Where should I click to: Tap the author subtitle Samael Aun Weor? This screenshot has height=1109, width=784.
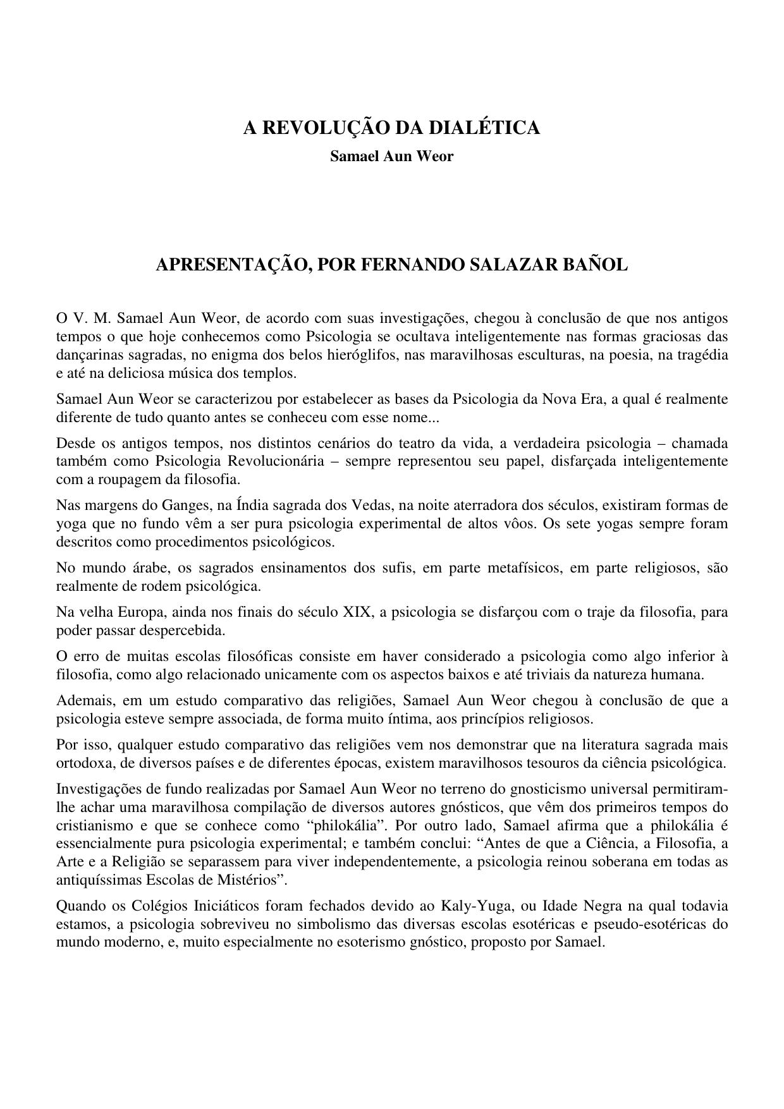[x=391, y=156]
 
